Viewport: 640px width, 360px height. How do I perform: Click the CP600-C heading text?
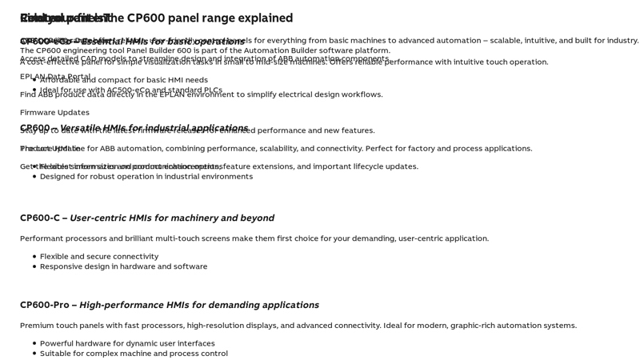[39, 218]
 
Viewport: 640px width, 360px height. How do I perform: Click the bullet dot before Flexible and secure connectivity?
[34, 257]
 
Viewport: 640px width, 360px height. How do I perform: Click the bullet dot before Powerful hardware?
[34, 344]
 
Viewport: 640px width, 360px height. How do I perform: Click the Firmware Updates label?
[54, 113]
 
